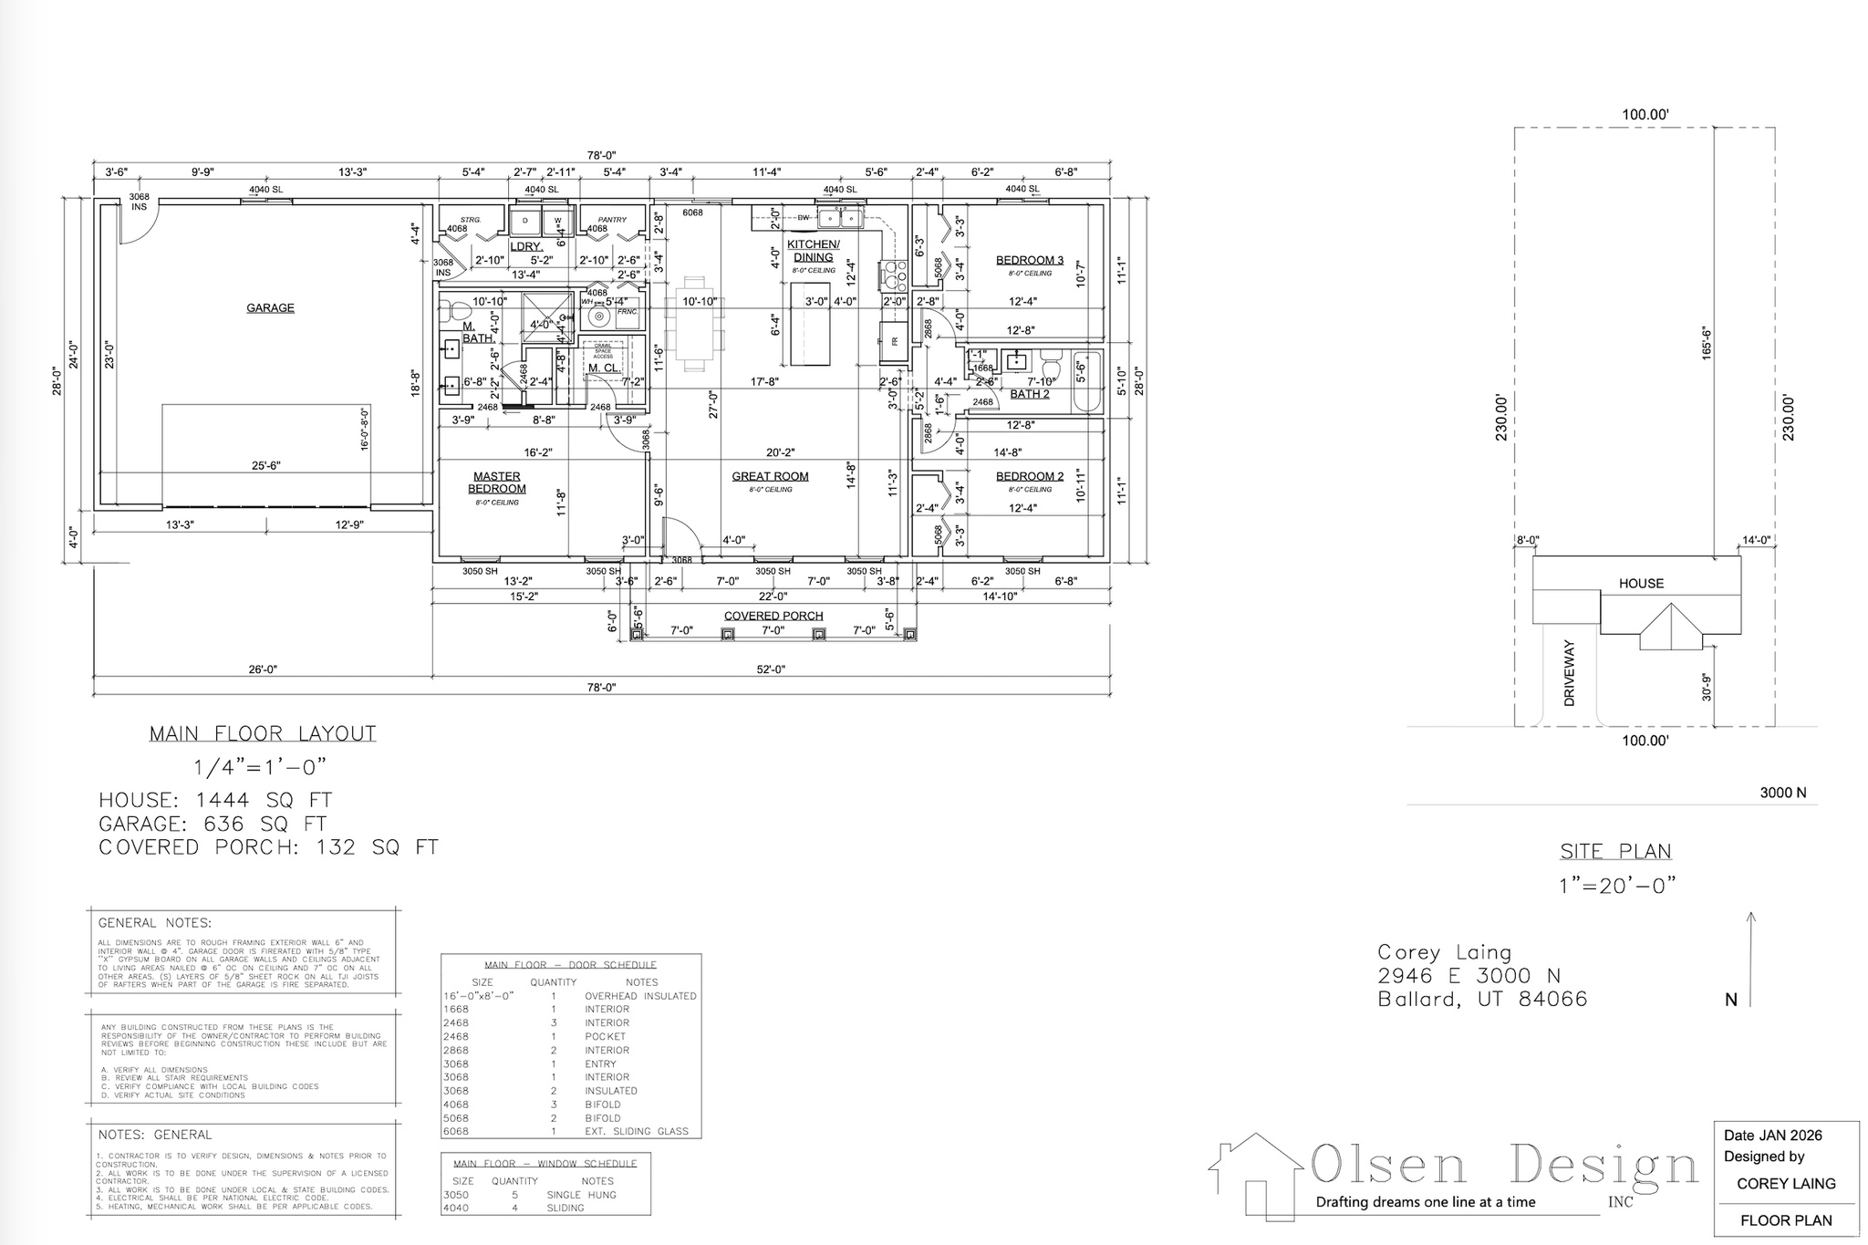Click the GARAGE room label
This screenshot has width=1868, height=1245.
coord(270,308)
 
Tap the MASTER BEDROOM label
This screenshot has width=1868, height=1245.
coord(497,482)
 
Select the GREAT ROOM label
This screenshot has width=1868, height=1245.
coord(770,476)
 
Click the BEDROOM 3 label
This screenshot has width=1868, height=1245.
coord(1029,260)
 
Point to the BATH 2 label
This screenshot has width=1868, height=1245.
coord(1029,394)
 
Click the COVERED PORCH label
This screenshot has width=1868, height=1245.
coord(773,616)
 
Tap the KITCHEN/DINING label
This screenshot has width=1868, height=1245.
coord(813,251)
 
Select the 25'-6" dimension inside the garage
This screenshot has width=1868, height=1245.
coord(265,465)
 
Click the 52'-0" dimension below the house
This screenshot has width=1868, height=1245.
coord(771,669)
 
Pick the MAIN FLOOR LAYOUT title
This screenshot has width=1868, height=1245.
coord(263,733)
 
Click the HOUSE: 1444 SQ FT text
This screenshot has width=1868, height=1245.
coord(215,800)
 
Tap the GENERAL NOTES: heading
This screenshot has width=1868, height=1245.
coord(155,923)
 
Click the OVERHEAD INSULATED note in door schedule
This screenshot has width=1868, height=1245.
coord(640,996)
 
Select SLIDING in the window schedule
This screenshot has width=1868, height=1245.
coord(566,1208)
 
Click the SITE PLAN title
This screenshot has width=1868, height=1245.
coord(1615,851)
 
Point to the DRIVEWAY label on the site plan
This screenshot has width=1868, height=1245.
coord(1569,673)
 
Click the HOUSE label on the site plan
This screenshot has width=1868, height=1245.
coord(1641,584)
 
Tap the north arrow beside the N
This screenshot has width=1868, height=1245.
coord(1750,958)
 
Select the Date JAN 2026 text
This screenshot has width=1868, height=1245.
coord(1772,1135)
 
